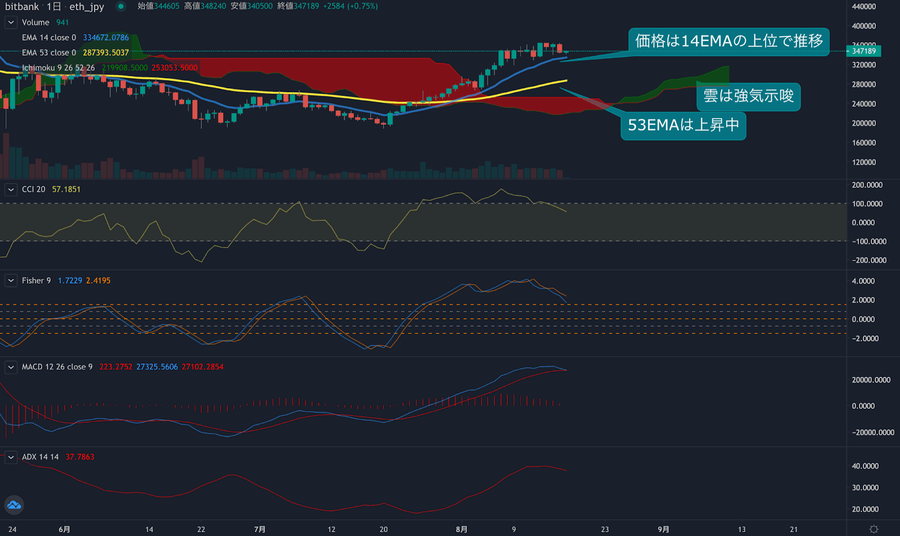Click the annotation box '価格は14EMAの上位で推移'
pyautogui.click(x=728, y=41)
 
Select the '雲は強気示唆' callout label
pyautogui.click(x=748, y=96)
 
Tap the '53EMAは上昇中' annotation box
pyautogui.click(x=683, y=125)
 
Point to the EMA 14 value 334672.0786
pyautogui.click(x=106, y=38)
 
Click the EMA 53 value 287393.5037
pyautogui.click(x=106, y=52)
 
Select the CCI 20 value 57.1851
pyautogui.click(x=66, y=190)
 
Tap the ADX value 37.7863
pyautogui.click(x=80, y=457)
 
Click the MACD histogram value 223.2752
pyautogui.click(x=116, y=367)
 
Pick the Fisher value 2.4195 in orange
pyautogui.click(x=98, y=281)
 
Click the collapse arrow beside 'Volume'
pyautogui.click(x=11, y=22)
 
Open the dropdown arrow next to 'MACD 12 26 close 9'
pyautogui.click(x=11, y=367)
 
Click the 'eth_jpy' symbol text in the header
pyautogui.click(x=87, y=7)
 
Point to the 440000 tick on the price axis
pyautogui.click(x=863, y=7)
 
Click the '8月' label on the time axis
pyautogui.click(x=461, y=529)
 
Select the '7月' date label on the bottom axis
pyautogui.click(x=259, y=529)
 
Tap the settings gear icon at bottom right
pyautogui.click(x=874, y=529)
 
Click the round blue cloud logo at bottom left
pyautogui.click(x=14, y=505)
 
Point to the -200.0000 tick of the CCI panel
pyautogui.click(x=869, y=260)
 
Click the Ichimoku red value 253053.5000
pyautogui.click(x=174, y=67)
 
